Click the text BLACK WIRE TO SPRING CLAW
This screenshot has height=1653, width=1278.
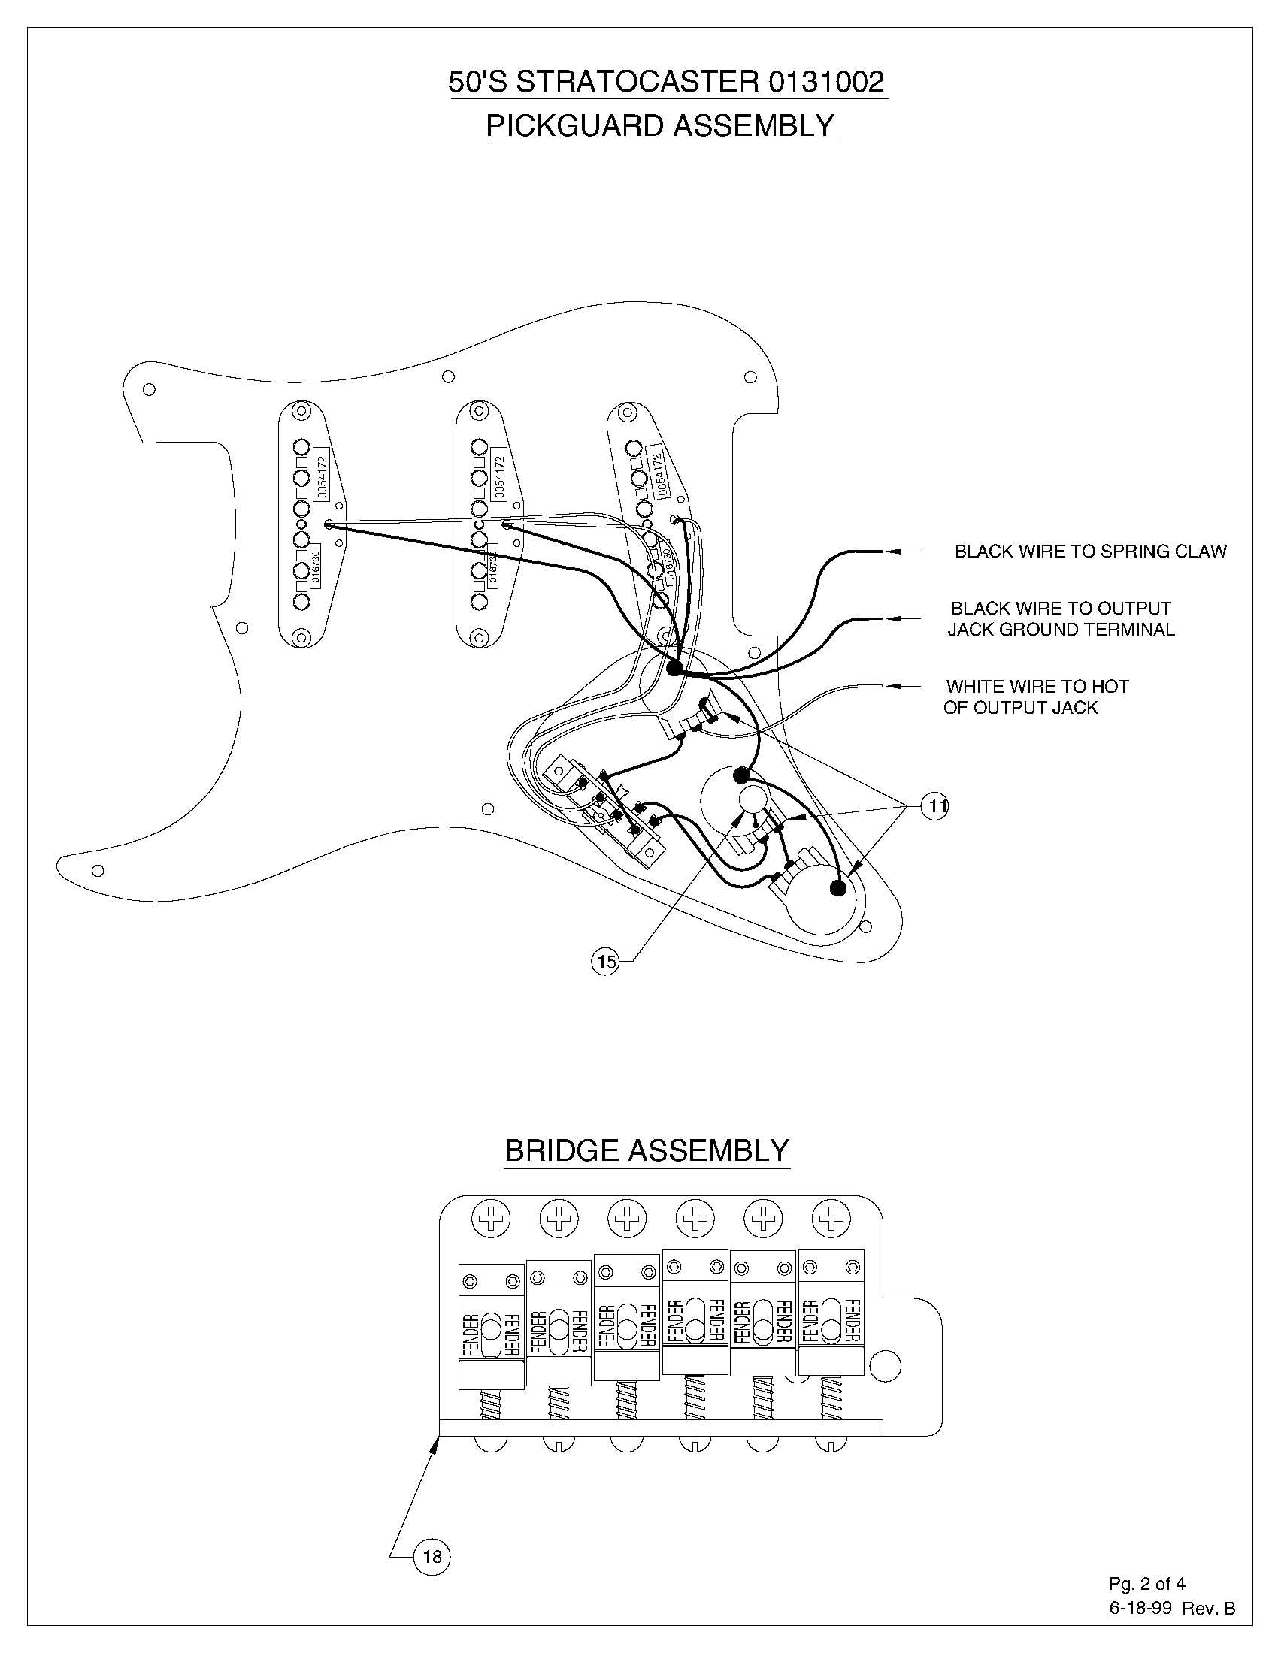pos(1089,552)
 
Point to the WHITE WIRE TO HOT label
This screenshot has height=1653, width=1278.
pos(1037,687)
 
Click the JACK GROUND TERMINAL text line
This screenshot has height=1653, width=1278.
pos(1061,630)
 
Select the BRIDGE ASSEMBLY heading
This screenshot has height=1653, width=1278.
pos(647,1150)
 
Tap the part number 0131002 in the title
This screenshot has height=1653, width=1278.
pos(827,82)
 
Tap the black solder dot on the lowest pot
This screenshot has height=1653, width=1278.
pos(837,888)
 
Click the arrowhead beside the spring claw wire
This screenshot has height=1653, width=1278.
pos(894,552)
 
